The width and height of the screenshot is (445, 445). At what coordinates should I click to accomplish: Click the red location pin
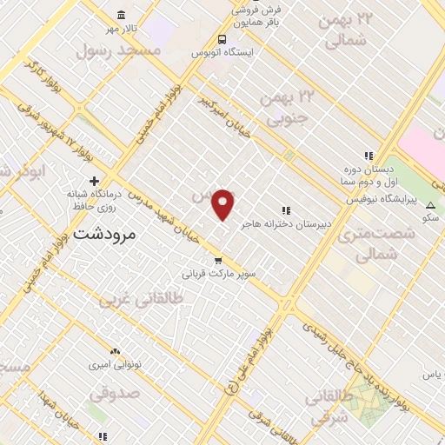224,203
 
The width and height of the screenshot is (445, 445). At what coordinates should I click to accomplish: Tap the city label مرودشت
105,234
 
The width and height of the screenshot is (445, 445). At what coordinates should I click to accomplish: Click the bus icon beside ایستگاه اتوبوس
222,39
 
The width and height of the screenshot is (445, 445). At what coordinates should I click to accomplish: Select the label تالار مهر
123,30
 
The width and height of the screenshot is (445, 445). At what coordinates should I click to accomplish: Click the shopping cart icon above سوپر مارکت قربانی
218,260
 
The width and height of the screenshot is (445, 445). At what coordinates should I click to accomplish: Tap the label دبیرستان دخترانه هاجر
282,225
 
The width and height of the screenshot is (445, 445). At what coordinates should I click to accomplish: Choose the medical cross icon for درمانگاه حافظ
94,181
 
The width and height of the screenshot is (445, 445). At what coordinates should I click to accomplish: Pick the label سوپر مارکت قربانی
219,274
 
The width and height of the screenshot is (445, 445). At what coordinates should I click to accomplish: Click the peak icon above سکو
429,206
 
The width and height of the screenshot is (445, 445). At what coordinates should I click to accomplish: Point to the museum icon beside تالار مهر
120,17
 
